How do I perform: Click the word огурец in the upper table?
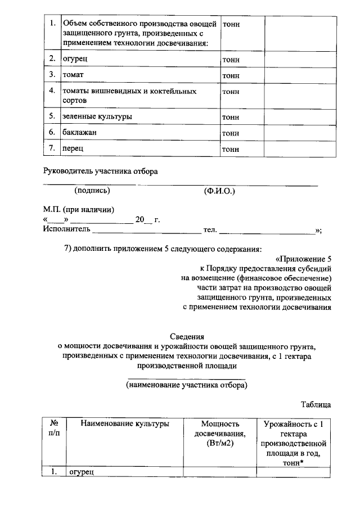(74, 58)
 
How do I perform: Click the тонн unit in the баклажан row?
(231, 133)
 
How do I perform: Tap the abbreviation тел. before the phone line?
(210, 229)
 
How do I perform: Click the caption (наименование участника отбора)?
(187, 386)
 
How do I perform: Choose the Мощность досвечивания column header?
(220, 434)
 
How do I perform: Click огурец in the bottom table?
(82, 472)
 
